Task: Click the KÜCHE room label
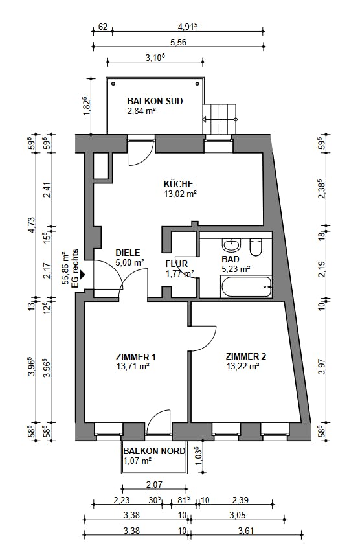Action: [x=178, y=184]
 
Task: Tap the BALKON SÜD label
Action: [x=155, y=101]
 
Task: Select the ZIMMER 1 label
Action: [x=136, y=357]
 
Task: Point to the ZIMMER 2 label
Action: [x=246, y=356]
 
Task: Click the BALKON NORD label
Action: [x=154, y=451]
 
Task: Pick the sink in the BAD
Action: [x=231, y=244]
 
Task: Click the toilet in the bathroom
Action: [x=256, y=247]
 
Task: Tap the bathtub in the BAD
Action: [x=246, y=286]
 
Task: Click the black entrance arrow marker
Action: [x=82, y=274]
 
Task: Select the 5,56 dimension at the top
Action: [x=179, y=43]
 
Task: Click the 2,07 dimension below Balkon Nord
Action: [x=154, y=485]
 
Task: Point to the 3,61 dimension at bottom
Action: [x=245, y=531]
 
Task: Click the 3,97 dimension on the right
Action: [x=321, y=367]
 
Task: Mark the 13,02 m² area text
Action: [x=180, y=194]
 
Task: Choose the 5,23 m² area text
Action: [x=236, y=269]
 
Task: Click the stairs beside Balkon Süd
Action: [x=220, y=119]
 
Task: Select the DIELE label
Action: [x=128, y=253]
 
